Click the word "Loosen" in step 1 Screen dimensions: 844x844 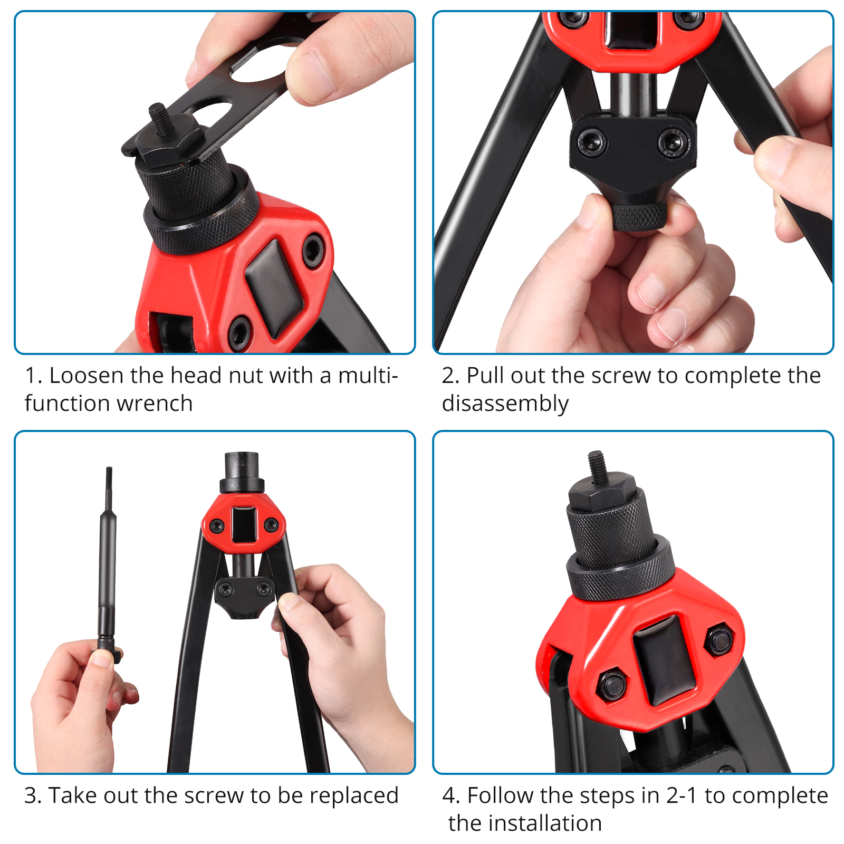tap(87, 376)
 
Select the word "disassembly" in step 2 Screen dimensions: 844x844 tap(505, 404)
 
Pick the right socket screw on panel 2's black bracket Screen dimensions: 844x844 tap(672, 141)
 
